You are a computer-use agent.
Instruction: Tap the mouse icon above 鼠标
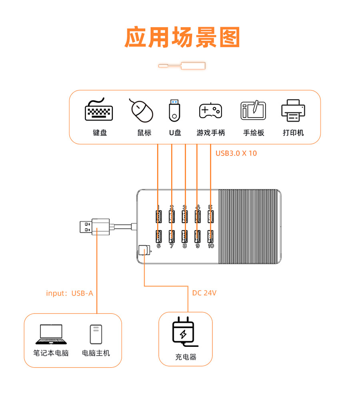point(142,110)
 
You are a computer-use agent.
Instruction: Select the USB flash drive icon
point(174,110)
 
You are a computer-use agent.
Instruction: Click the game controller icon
point(210,110)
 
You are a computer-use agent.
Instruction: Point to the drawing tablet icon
point(253,110)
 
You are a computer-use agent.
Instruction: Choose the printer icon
point(293,111)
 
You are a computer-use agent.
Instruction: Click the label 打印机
point(293,133)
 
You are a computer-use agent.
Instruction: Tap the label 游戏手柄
point(210,133)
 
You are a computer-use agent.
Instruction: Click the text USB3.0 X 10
point(236,153)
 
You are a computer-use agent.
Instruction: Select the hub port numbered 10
point(210,236)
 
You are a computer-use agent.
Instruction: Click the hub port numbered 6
point(158,236)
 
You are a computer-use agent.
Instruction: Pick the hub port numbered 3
point(184,216)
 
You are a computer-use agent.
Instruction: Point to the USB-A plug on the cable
point(87,227)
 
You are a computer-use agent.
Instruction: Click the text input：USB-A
point(70,293)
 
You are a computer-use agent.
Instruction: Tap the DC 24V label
point(204,293)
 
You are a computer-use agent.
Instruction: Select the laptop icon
point(51,334)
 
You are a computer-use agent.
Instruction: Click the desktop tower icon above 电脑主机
point(96,334)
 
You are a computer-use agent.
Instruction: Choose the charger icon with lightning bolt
point(184,332)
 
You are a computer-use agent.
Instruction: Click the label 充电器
point(186,357)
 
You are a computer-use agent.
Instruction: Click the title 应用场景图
point(182,38)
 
